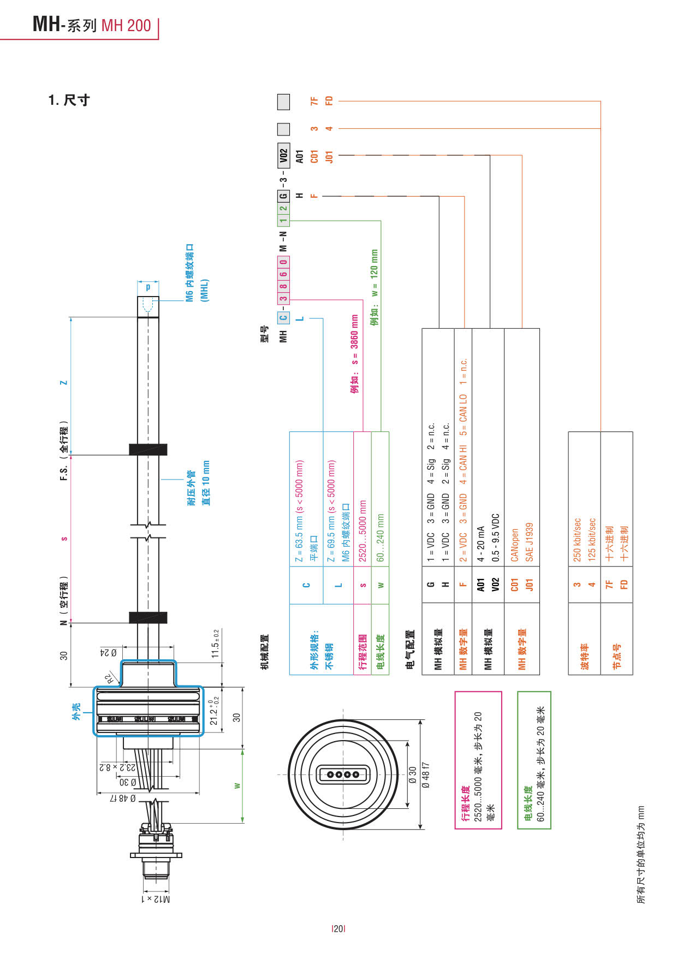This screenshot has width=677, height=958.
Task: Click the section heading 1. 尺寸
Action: tap(68, 100)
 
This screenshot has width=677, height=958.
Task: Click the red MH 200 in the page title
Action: tap(126, 26)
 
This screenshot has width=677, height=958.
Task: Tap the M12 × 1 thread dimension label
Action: tap(156, 898)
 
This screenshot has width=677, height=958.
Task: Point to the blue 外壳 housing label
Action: tap(76, 711)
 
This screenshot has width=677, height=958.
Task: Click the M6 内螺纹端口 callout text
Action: tap(189, 273)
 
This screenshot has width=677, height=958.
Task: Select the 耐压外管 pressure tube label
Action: tap(191, 488)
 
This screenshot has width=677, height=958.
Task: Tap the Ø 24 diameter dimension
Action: tap(108, 653)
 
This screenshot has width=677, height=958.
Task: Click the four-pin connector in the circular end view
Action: tap(343, 774)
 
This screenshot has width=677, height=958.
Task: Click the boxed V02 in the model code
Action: tap(283, 157)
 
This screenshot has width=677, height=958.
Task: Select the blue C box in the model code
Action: tap(283, 317)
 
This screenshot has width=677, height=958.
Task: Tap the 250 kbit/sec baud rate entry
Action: tap(577, 540)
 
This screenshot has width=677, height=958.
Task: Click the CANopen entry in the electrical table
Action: tap(514, 545)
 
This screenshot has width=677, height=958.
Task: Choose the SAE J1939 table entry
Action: tap(529, 542)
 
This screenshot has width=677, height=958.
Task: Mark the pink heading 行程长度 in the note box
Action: tap(465, 803)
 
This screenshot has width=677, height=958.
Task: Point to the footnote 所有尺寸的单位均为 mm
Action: tap(642, 854)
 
